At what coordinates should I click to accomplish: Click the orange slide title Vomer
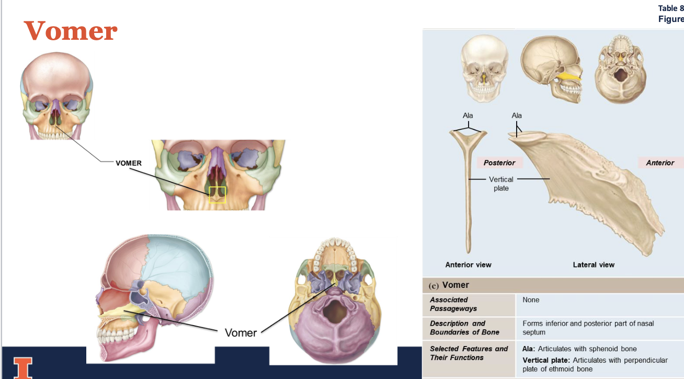[x=71, y=31]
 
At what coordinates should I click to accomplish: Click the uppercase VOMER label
[x=129, y=163]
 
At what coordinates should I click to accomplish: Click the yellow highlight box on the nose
[x=217, y=194]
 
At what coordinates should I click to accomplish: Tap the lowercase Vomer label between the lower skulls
[x=241, y=332]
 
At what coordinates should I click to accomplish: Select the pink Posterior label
[x=499, y=163]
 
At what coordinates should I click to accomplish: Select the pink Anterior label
[x=660, y=163]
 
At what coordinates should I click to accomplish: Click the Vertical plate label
[x=501, y=183]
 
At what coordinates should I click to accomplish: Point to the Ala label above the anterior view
[x=468, y=115]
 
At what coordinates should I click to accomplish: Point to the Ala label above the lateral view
[x=517, y=115]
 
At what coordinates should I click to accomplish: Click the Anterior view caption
[x=468, y=265]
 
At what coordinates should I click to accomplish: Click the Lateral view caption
[x=594, y=265]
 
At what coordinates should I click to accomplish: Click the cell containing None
[x=531, y=300]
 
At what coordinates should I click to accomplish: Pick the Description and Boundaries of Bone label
[x=464, y=328]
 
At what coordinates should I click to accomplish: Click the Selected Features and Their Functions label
[x=469, y=353]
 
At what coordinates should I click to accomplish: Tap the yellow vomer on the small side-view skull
[x=568, y=77]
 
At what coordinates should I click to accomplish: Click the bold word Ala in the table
[x=529, y=349]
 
